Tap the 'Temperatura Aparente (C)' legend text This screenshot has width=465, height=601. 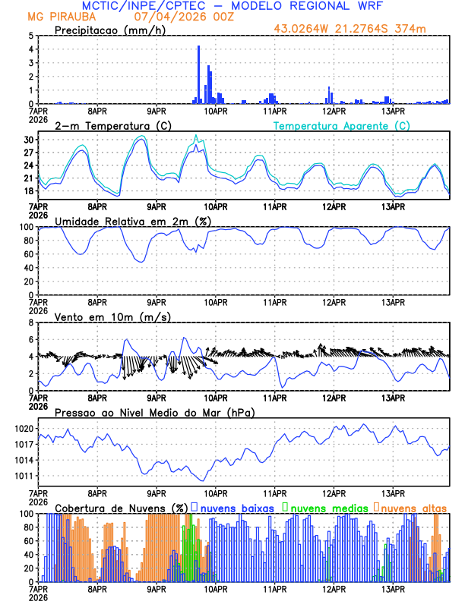(x=341, y=125)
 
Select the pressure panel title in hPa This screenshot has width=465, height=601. (x=155, y=412)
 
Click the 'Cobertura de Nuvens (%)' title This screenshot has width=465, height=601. (x=121, y=508)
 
